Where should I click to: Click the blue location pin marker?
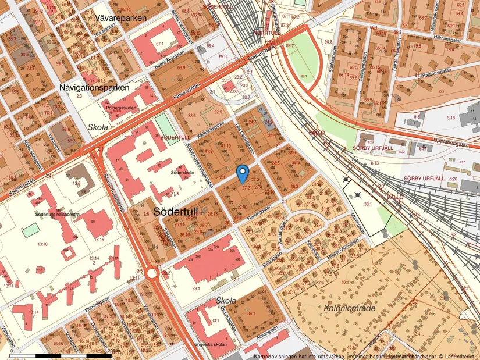243,172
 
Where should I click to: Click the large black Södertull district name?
181,211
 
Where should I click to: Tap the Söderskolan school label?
182,173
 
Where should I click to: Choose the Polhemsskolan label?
121,108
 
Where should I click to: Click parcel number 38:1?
367,204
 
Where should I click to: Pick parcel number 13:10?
42,244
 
